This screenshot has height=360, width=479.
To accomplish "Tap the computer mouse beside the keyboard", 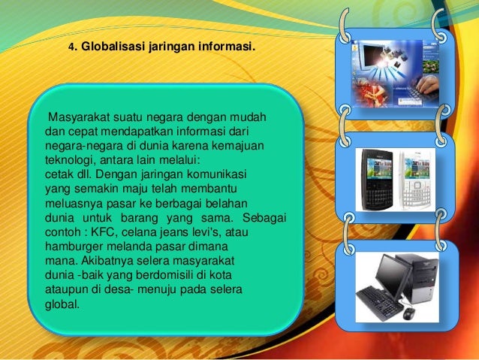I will tap(408, 313).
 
